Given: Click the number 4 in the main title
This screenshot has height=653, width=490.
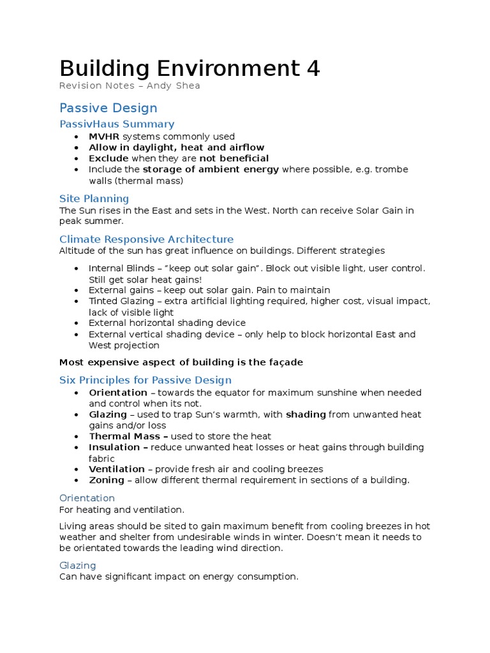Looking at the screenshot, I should (313, 68).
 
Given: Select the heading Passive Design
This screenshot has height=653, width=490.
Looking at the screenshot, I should (108, 108).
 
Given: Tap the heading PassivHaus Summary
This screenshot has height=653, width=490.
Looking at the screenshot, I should (116, 124).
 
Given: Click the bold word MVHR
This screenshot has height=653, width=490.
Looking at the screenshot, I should (104, 136).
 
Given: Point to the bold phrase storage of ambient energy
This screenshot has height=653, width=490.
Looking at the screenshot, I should (211, 169).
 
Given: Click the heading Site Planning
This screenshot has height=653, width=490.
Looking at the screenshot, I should (94, 198).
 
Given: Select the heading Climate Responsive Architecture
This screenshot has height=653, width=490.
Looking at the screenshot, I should (146, 239).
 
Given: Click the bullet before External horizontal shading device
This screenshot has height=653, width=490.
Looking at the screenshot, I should (76, 323).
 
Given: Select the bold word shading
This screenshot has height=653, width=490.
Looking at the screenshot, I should (306, 415).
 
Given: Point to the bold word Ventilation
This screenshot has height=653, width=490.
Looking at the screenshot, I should (117, 469).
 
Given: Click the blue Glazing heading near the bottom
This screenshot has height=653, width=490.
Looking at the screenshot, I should (77, 565).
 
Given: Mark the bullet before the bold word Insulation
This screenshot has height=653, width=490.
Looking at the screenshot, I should (76, 448).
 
